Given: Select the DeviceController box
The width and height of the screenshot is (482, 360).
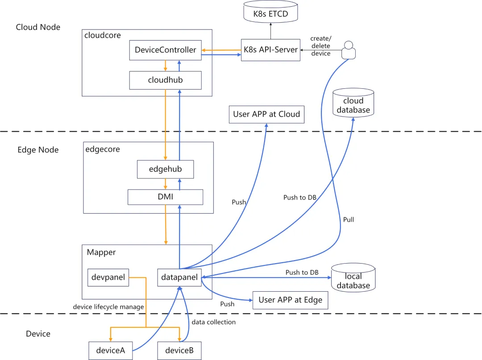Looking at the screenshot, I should coord(166,50).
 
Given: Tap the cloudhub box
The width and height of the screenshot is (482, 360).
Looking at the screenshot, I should coord(166,80).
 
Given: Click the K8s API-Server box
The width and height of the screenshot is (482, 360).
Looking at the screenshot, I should coord(270,50).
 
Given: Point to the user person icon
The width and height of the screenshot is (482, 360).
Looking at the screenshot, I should coord(349,50).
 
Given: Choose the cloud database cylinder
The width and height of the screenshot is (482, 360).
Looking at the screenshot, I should coord(353,103).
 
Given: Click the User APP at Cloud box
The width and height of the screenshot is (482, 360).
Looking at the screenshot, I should coord(266,114).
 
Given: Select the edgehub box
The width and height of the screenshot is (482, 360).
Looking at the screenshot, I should coord(166,170).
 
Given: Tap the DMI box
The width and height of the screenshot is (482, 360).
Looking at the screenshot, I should coord(166,197).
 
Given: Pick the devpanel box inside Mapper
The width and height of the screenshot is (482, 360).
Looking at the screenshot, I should coord(108,277).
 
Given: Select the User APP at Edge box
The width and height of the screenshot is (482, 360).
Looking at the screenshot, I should coord(290,300).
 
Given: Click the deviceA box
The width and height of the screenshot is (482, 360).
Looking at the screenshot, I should coord(110,350).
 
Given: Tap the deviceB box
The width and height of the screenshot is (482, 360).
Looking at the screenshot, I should coord(179,350).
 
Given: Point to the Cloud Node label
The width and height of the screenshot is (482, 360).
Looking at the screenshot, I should coord(38,27).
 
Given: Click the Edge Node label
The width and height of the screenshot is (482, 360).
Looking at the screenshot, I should coord(38,150).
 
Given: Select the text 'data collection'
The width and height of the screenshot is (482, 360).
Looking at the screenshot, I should coord(213,322).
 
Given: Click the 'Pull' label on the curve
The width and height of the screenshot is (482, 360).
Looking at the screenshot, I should coord(349,219).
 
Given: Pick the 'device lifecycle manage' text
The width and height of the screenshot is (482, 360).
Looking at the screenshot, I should coord(108,307).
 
